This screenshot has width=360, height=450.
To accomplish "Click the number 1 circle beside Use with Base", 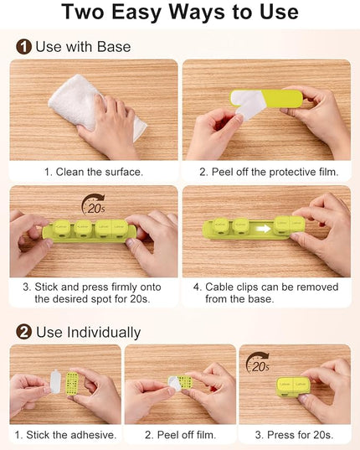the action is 23,47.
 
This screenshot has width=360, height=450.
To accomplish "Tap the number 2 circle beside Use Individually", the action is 23,332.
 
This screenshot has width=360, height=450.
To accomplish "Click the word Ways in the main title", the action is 198,12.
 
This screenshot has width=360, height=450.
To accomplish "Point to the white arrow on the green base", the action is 264,229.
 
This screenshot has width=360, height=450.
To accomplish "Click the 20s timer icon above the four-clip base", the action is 94,204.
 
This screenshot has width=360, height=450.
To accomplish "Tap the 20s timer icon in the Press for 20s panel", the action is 258,363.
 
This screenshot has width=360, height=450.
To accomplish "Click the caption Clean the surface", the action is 94,172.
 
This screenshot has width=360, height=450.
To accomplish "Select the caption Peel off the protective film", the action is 269,172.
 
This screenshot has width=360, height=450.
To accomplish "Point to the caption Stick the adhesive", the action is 65,435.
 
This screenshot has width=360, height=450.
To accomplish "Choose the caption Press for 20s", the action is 295,435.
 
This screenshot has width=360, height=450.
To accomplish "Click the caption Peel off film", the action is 180,435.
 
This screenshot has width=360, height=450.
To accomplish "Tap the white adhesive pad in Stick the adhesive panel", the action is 55,381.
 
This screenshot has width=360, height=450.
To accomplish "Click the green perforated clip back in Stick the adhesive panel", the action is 72,384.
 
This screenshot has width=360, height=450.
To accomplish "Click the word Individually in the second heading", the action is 104,333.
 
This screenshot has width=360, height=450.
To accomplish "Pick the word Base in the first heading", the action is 114,47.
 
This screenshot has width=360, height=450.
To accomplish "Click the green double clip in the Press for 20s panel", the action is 293,386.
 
